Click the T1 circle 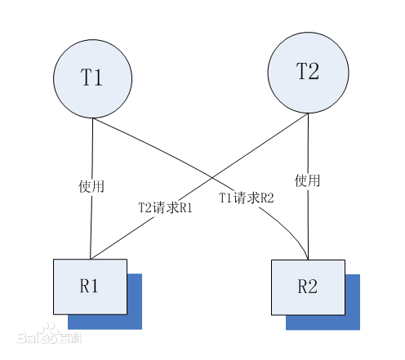click(x=92, y=78)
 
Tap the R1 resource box click(x=90, y=286)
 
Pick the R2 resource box click(x=307, y=286)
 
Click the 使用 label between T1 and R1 click(x=91, y=186)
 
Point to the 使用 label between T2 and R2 click(x=308, y=180)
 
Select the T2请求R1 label click(x=165, y=207)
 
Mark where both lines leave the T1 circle click(x=92, y=119)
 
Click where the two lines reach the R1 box click(x=91, y=258)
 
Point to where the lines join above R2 click(x=308, y=258)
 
